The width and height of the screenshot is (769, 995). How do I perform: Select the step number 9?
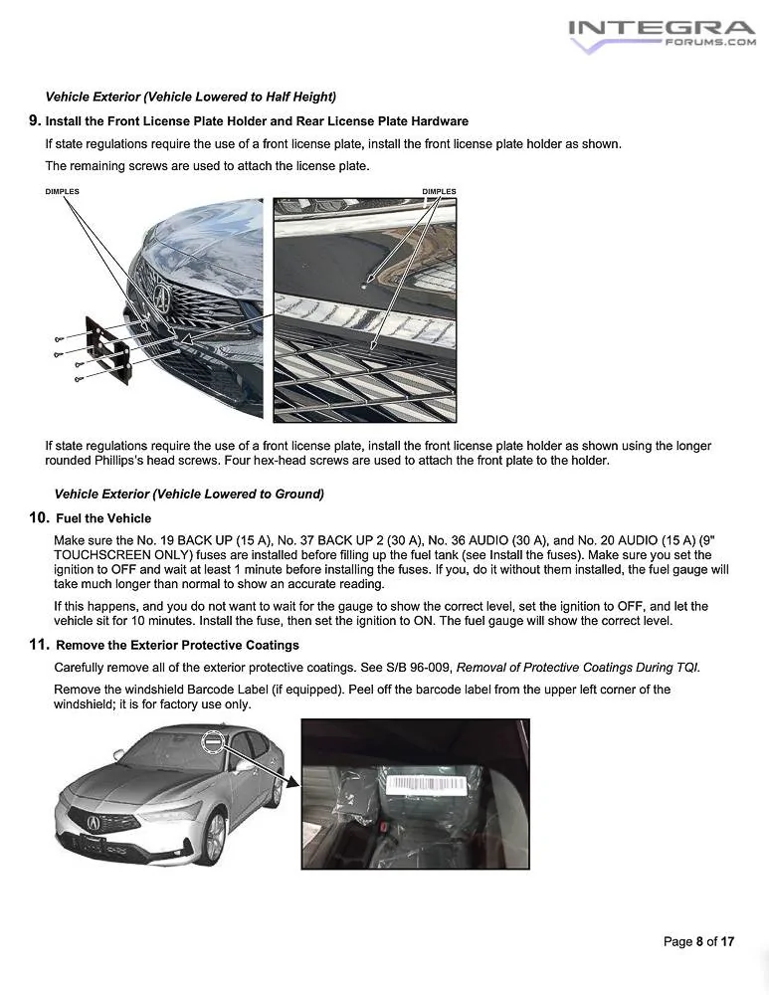pos(35,120)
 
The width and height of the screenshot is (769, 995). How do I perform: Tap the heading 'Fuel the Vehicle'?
pos(103,518)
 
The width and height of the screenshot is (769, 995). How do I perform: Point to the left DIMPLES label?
pos(62,191)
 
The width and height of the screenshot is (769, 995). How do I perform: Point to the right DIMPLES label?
pos(439,191)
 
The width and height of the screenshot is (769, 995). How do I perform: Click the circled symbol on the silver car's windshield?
pos(212,741)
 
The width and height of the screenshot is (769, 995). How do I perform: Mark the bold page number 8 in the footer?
pos(699,941)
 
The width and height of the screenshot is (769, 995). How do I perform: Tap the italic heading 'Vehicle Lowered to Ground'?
pos(189,494)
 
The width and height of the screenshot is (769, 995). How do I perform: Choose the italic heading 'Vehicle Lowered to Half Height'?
pos(190,97)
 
